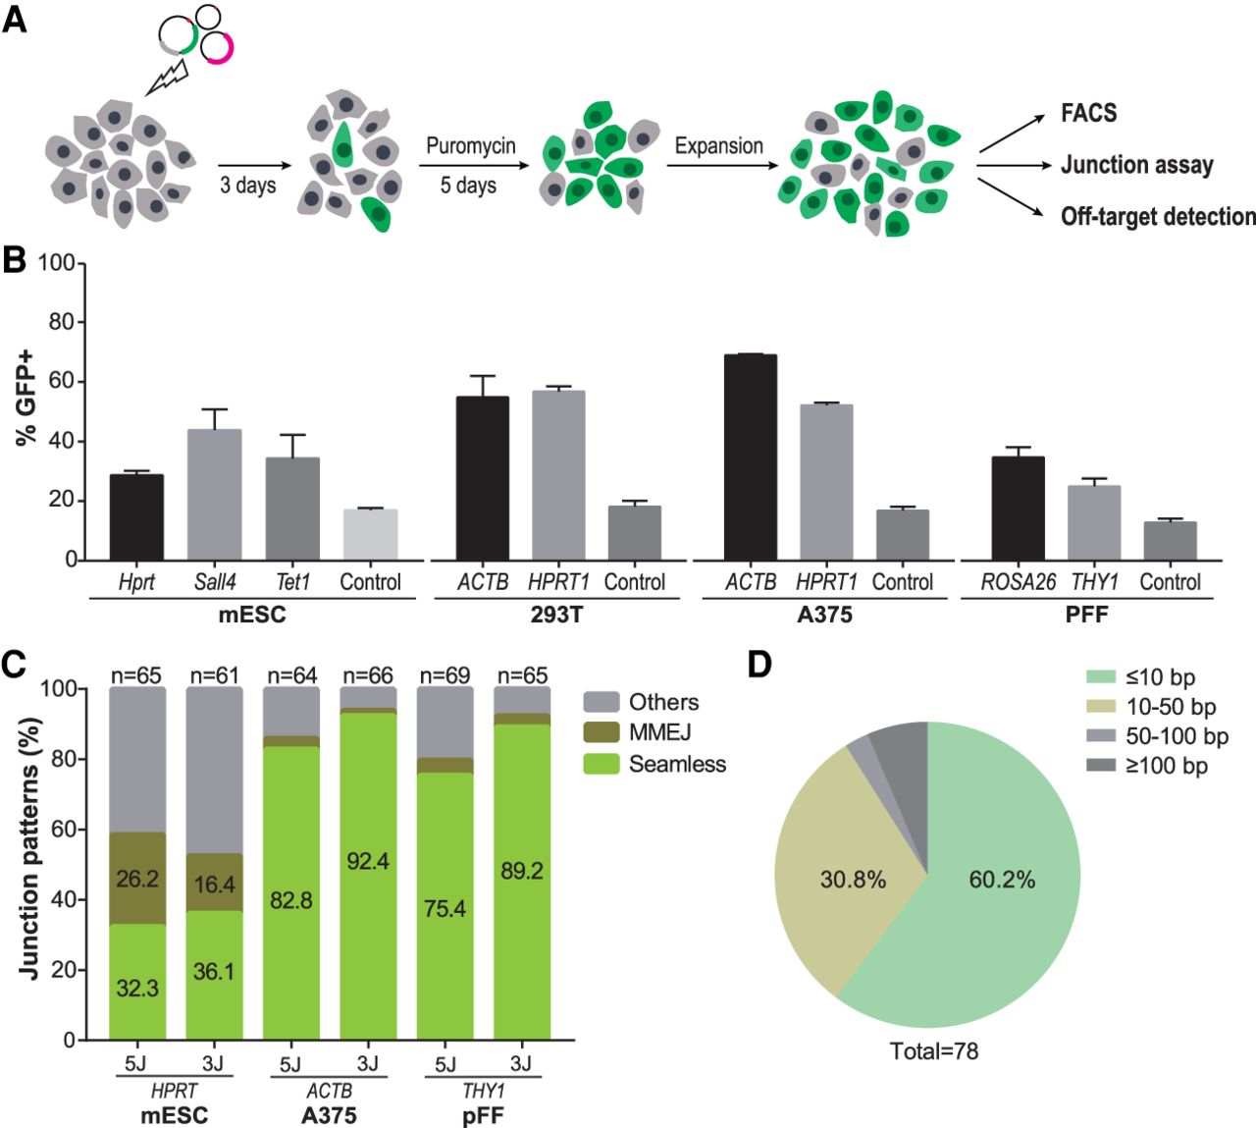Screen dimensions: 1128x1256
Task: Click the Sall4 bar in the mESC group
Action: [214, 495]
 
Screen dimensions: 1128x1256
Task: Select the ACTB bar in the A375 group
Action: [751, 457]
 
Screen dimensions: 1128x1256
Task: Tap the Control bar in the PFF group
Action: [1170, 541]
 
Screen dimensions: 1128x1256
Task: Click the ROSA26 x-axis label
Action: [1018, 582]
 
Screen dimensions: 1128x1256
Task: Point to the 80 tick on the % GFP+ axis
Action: [63, 323]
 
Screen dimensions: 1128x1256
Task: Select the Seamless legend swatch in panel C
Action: [601, 764]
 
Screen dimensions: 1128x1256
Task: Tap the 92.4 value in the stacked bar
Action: [368, 861]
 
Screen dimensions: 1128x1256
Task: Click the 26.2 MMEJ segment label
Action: [137, 879]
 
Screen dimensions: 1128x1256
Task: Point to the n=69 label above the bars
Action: [445, 675]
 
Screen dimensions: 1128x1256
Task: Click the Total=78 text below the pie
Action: [933, 1051]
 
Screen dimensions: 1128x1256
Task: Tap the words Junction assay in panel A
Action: [1136, 165]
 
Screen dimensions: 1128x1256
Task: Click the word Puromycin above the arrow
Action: [470, 146]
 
